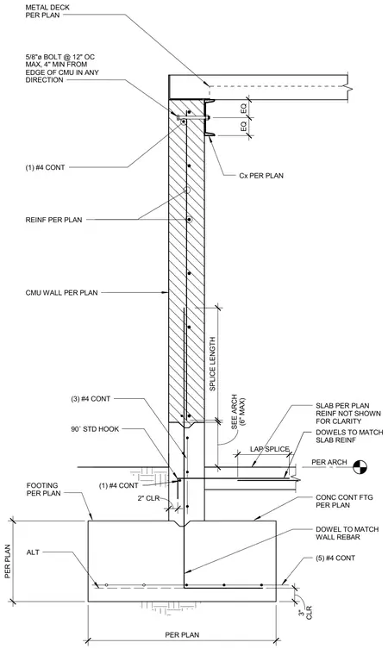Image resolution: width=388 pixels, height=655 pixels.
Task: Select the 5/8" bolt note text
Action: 62,68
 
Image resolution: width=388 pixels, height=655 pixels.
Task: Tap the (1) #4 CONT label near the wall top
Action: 45,167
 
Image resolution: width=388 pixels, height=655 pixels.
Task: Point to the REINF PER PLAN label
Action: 53,220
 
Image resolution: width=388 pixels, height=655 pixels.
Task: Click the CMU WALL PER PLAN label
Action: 61,293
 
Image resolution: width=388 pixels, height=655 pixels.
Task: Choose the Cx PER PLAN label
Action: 261,176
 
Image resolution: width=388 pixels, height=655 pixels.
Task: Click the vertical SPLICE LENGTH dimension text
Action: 212,364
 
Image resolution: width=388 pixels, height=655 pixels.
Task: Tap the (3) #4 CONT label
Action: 91,399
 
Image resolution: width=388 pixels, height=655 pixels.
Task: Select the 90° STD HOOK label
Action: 95,429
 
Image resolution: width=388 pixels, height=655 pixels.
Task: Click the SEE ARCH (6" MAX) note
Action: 238,412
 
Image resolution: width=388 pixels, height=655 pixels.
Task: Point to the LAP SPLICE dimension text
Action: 270,449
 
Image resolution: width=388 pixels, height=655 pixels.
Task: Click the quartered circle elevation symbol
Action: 360,467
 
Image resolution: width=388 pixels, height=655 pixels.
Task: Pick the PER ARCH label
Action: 329,462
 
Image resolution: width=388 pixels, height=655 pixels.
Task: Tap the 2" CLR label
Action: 148,498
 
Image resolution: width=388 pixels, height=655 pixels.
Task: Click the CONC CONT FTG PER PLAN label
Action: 344,502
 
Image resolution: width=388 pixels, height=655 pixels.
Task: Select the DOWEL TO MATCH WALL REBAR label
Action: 347,533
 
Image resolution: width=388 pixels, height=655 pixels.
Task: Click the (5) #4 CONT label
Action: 335,558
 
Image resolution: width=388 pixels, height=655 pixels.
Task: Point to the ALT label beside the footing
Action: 33,552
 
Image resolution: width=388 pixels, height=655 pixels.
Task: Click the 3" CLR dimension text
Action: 305,612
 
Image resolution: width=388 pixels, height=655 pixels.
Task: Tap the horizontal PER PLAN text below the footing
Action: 182,635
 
